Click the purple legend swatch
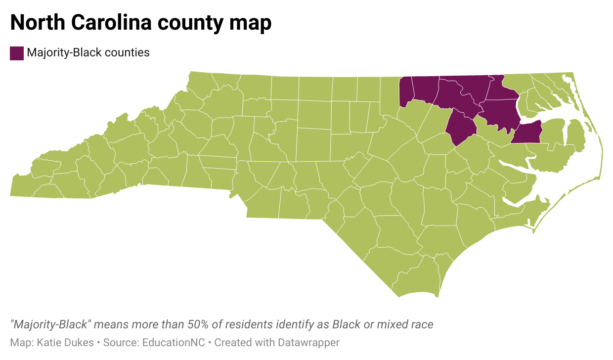[x=17, y=53]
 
